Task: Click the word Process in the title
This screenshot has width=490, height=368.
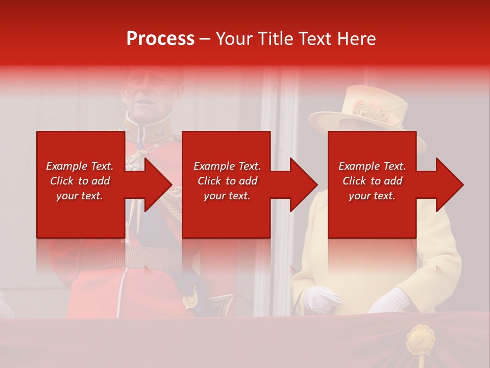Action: tap(160, 39)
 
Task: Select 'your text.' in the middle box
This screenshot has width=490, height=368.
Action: tap(227, 196)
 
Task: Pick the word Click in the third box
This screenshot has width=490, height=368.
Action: tap(355, 181)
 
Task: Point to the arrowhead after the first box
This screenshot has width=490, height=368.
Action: tap(158, 185)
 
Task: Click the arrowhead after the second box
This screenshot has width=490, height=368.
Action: tap(304, 185)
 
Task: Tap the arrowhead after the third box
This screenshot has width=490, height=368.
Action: tap(450, 185)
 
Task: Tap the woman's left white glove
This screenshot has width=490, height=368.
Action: tap(321, 298)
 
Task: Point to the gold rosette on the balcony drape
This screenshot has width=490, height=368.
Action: tap(420, 339)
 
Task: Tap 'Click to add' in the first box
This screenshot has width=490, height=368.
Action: tap(80, 181)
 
